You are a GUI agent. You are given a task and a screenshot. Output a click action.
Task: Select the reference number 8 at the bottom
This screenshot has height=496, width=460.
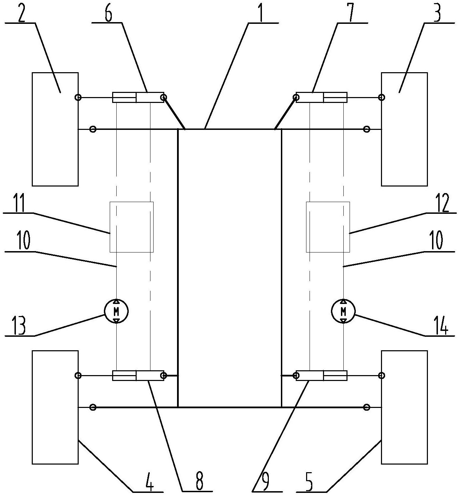[x=199, y=481]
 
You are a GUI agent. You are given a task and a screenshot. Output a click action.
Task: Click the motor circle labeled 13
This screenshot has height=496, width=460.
[x=116, y=311]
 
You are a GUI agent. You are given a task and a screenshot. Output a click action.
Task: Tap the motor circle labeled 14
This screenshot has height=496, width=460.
[x=343, y=311]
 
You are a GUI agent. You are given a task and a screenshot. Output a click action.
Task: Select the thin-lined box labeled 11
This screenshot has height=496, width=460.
[x=131, y=227]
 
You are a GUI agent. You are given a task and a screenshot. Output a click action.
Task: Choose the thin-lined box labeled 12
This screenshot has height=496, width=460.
[x=328, y=227]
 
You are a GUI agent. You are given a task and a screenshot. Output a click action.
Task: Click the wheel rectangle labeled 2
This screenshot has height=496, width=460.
[x=55, y=129]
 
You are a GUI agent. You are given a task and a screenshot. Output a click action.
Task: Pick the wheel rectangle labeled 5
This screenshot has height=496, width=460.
[x=404, y=407]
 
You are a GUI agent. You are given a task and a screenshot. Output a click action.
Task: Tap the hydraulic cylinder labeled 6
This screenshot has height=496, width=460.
[x=138, y=97]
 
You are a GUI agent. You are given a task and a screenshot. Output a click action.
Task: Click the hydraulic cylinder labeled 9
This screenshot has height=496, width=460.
[x=322, y=375]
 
